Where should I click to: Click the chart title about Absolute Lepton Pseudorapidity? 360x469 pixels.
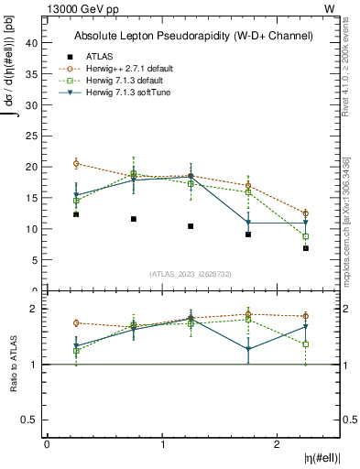click(x=193, y=36)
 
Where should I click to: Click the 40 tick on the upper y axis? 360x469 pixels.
click(x=31, y=43)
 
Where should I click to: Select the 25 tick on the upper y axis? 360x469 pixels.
click(x=31, y=136)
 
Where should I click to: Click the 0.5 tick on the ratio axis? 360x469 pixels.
click(x=28, y=420)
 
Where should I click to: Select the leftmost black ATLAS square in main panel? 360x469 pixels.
click(x=76, y=214)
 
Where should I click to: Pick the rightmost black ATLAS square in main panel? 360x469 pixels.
click(x=306, y=248)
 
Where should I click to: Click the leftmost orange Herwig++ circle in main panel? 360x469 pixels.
click(x=76, y=163)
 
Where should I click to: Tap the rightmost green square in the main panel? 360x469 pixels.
click(x=306, y=236)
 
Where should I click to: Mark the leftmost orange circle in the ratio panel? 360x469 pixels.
click(x=76, y=322)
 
